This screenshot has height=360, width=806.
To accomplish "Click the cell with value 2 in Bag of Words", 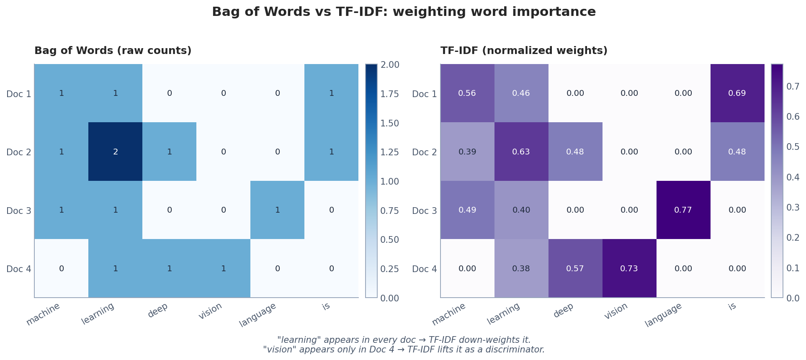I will point(115,152).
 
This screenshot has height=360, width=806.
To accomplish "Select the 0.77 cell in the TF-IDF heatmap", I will point(683,210).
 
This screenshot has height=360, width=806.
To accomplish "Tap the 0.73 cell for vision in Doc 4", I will point(629,269).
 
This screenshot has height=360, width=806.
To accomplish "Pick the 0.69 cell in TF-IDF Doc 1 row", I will point(737,93).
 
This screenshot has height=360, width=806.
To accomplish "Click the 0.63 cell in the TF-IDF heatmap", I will point(521,152).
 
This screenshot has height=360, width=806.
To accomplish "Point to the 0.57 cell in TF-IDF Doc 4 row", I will point(575,269).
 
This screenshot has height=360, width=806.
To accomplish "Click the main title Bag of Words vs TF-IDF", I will point(403,12).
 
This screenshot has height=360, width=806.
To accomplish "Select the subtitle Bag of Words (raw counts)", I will point(113,51).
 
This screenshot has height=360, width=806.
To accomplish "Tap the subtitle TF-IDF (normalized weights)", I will point(523,51).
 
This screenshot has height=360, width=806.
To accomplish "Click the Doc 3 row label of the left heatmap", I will point(19,211).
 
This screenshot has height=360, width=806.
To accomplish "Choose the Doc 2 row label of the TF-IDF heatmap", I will point(424,152).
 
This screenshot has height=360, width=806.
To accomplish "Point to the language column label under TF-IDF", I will point(664,315).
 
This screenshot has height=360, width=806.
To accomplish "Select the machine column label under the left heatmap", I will point(43,314).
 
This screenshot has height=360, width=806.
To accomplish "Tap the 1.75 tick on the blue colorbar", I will point(389,94).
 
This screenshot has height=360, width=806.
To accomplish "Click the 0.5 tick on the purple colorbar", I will point(793,147).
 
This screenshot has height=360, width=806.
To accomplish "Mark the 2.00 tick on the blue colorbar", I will point(389,65).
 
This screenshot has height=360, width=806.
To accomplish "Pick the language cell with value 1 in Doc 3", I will point(277,210).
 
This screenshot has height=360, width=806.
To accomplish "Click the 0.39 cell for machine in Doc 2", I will point(467,152).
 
